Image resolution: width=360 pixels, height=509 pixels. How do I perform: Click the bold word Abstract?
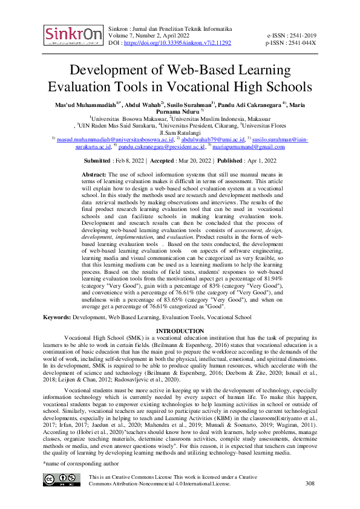pyautogui.click(x=95, y=173)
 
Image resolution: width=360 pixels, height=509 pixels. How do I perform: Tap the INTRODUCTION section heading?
pyautogui.click(x=180, y=331)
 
